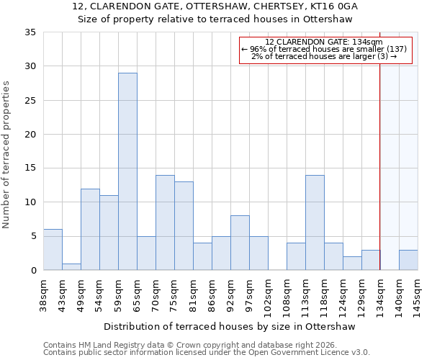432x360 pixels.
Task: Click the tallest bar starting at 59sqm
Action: click(x=127, y=171)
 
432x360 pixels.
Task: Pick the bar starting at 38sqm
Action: click(x=53, y=250)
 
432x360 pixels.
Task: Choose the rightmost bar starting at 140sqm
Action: click(x=408, y=260)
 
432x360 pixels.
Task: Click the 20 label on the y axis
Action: click(x=31, y=135)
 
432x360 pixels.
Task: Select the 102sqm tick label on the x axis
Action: click(x=268, y=296)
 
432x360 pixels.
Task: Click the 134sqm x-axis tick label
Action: click(x=380, y=296)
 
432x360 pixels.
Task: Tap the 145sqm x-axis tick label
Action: click(x=418, y=296)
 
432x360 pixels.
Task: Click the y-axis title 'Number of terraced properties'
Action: click(x=6, y=155)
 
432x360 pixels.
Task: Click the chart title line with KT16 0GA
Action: click(x=215, y=6)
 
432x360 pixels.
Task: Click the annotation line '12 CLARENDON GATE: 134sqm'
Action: click(x=324, y=42)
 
